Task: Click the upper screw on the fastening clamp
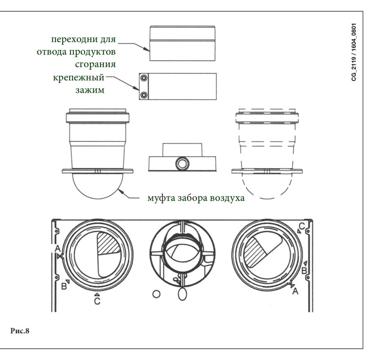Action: [143, 78]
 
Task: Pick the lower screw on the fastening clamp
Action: [143, 95]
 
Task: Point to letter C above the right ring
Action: [302, 225]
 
